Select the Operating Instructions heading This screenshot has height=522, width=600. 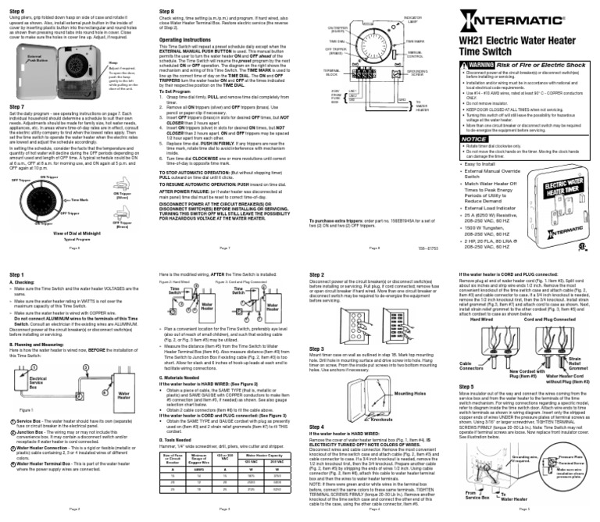pyautogui.click(x=190, y=38)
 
